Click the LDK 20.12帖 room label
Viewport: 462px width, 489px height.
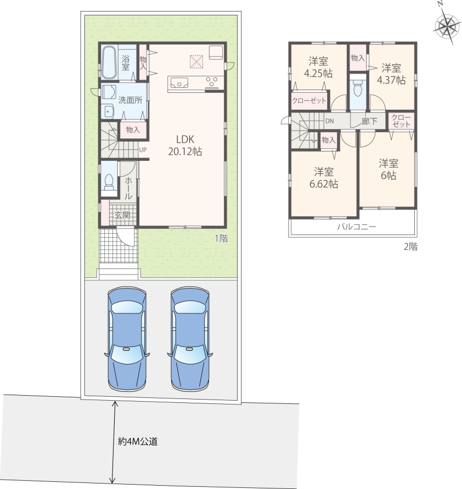point(185,145)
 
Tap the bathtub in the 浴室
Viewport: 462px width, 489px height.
point(109,63)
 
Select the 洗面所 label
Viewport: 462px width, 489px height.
point(130,100)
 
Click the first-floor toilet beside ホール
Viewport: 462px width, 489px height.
point(109,182)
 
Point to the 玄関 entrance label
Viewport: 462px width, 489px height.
point(122,215)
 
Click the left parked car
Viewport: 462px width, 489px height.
point(127,339)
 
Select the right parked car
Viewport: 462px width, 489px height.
point(190,339)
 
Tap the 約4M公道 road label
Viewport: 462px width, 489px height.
point(138,441)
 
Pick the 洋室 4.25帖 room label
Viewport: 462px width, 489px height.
point(318,67)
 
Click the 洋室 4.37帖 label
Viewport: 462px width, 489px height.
point(391,74)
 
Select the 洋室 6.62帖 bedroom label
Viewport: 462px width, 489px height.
point(324,178)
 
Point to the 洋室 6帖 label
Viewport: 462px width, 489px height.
point(388,170)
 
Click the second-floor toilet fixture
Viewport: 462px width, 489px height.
point(358,88)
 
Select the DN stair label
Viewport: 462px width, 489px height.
point(330,121)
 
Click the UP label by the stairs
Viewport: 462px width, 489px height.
point(143,150)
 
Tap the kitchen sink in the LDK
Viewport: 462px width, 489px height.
point(179,83)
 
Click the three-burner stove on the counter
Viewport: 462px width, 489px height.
point(212,82)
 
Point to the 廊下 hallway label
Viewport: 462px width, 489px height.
point(369,121)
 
